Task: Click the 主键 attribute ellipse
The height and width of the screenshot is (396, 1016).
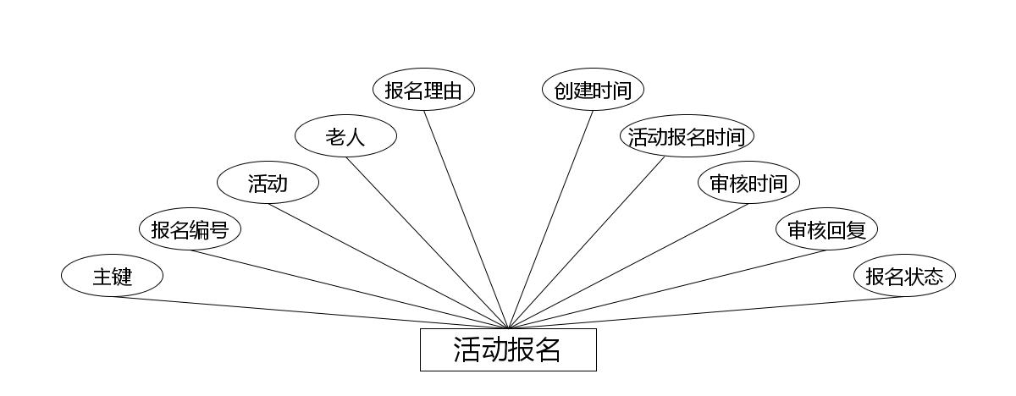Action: [x=112, y=276]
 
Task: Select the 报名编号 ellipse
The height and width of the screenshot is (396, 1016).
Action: [x=190, y=229]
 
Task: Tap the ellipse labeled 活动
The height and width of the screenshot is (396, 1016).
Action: [x=268, y=183]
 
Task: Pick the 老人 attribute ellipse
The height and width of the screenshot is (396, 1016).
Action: [x=345, y=136]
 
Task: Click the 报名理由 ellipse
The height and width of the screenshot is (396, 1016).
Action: [x=423, y=90]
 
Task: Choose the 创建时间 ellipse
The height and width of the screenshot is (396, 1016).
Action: [x=593, y=90]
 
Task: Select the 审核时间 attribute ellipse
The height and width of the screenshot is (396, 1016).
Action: [x=748, y=183]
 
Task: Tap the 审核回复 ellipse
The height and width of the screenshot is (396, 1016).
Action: [x=826, y=229]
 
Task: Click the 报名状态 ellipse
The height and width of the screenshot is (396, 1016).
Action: [x=904, y=276]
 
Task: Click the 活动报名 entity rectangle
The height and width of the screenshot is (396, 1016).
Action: [x=508, y=349]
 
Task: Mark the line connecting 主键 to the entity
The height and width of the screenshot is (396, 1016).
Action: [x=310, y=312]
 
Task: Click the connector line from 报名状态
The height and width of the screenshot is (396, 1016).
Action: [x=706, y=312]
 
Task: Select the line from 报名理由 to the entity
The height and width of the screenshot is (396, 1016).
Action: [x=466, y=219]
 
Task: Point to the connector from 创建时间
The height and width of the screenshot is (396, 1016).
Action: [x=550, y=219]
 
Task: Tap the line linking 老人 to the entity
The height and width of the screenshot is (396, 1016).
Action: [x=427, y=242]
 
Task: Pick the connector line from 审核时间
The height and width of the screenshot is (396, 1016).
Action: [x=628, y=266]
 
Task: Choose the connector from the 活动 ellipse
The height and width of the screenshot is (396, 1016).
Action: [x=388, y=266]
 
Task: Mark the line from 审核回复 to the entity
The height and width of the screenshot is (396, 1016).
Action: [x=667, y=289]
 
